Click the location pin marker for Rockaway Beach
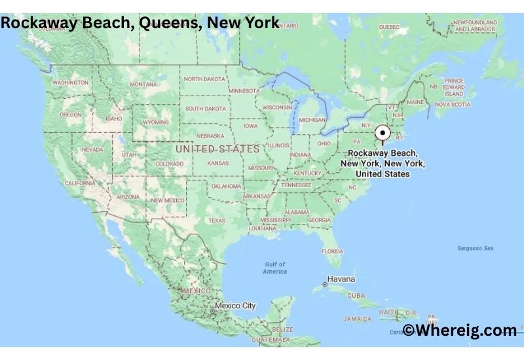tap(383, 133)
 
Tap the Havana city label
tap(341, 279)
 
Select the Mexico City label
tap(235, 306)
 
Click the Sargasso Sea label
tap(475, 248)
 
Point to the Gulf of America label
tap(274, 268)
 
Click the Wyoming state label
tap(156, 122)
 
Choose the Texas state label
tap(217, 221)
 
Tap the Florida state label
tap(333, 251)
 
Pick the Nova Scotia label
tap(453, 104)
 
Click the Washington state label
tap(70, 83)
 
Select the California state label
tap(81, 183)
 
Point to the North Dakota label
tap(204, 79)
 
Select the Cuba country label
tap(356, 296)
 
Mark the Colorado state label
tap(169, 164)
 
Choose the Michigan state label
tap(312, 120)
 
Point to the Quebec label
tap(388, 27)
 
